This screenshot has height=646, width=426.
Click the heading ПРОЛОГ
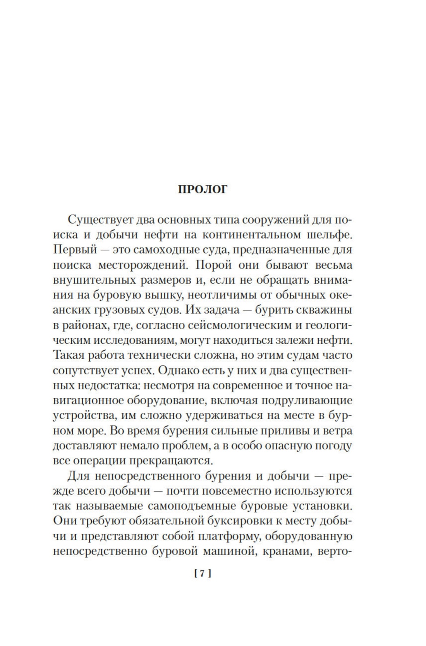tap(202, 190)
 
